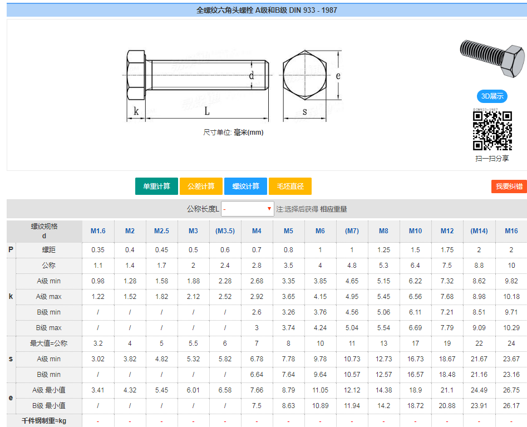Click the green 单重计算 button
(156, 186)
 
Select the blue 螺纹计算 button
(245, 186)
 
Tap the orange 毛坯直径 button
(290, 186)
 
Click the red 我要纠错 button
(509, 186)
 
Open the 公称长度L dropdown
(248, 209)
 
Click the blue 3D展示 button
(492, 96)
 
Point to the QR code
(492, 130)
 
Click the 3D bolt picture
(492, 57)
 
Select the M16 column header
(511, 231)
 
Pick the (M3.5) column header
(225, 231)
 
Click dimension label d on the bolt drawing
(251, 76)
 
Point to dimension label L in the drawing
(206, 111)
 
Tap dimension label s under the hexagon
(304, 111)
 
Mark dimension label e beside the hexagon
(338, 76)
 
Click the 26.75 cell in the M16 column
(511, 390)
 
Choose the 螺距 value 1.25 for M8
(383, 250)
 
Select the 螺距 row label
(49, 250)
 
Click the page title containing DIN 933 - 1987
(267, 10)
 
